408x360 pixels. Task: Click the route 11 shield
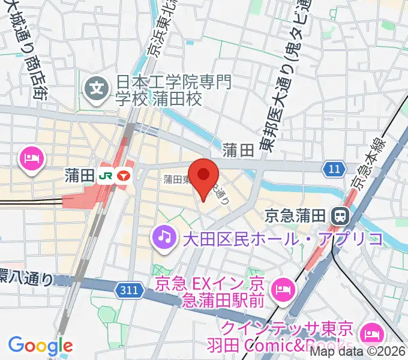[334, 169]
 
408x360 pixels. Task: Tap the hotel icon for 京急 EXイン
[281, 290]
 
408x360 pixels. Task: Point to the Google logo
[40, 346]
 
